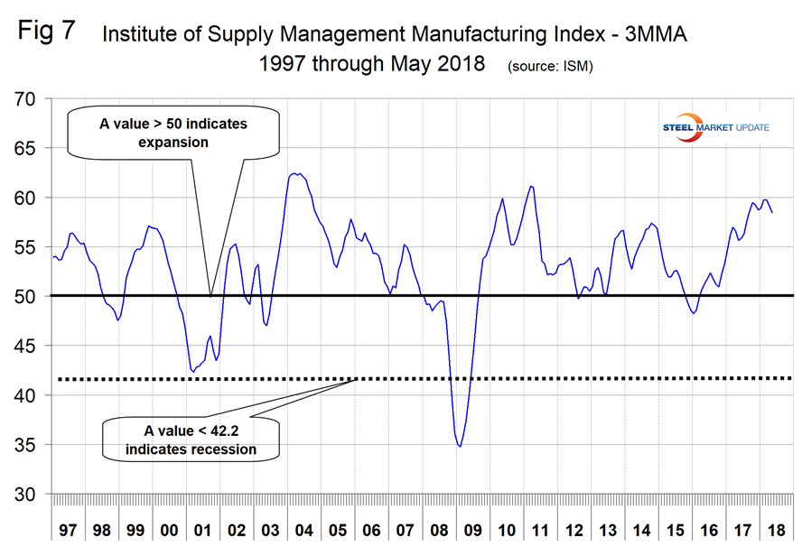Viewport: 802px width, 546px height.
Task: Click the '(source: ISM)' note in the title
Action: coord(550,67)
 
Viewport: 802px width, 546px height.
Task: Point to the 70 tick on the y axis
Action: coord(33,98)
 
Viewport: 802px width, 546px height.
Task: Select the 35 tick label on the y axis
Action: coord(33,445)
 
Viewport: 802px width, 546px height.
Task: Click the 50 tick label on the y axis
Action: coord(33,296)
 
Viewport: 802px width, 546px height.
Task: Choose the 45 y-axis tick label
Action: coord(33,346)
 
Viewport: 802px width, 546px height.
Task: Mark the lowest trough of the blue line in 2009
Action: coord(461,446)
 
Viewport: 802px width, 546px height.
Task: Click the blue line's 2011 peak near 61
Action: coord(531,186)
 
